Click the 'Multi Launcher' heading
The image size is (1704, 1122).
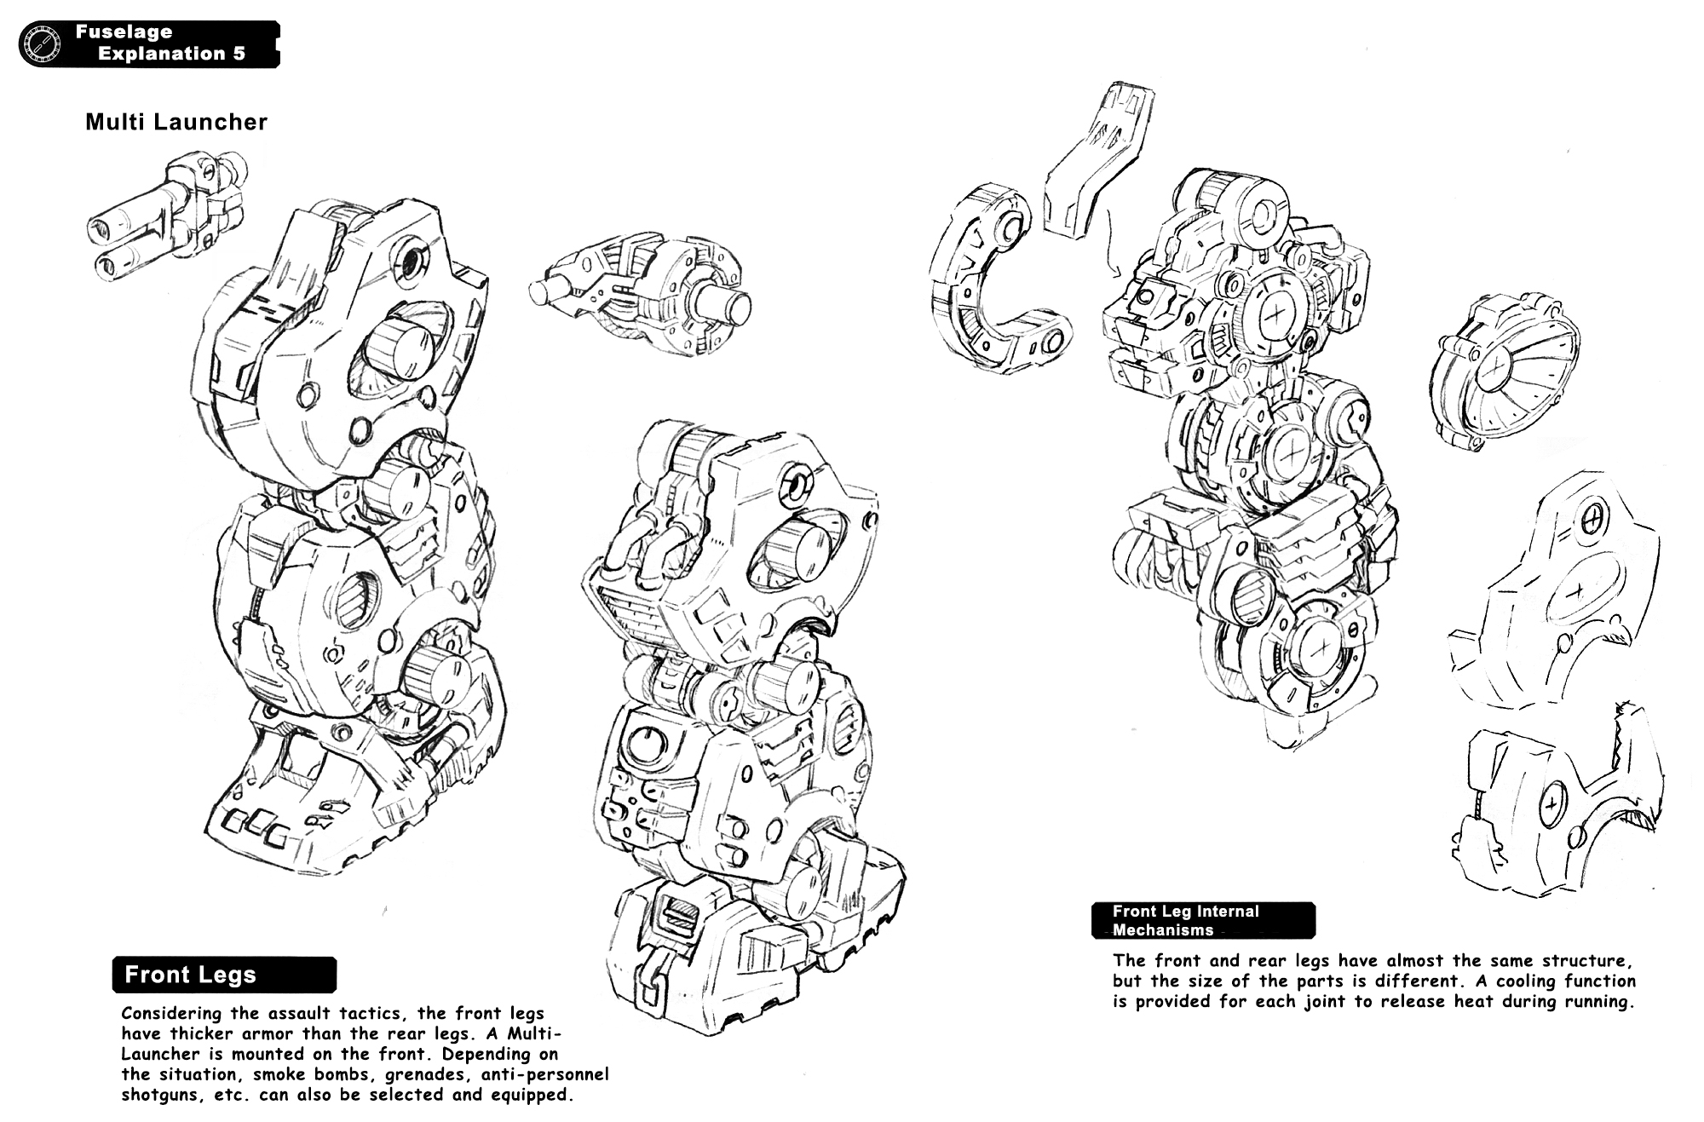176,122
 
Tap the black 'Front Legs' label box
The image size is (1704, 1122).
224,975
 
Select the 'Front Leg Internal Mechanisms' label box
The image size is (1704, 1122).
1203,920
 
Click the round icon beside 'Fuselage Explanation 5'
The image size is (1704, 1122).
40,43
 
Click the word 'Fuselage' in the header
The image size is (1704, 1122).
124,32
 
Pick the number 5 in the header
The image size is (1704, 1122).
239,54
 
